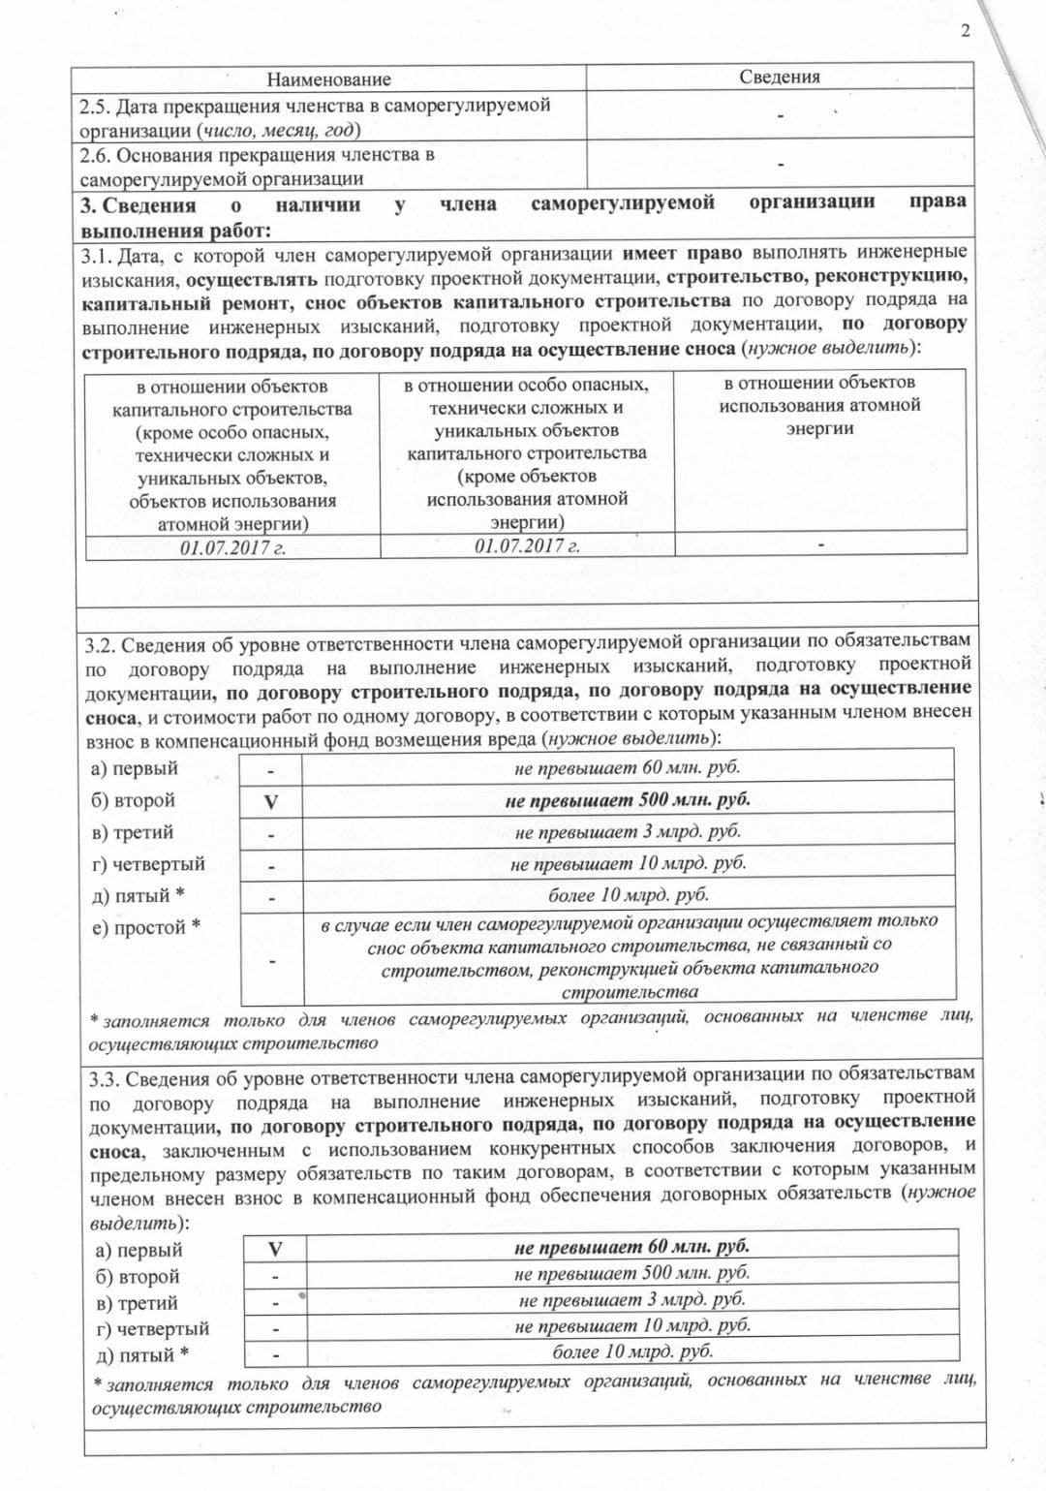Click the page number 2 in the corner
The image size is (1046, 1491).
965,31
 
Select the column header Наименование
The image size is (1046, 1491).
328,79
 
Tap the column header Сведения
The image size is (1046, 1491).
780,78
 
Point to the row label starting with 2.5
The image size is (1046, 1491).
315,117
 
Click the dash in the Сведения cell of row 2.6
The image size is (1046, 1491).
780,165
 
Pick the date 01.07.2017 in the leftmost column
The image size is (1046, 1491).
232,547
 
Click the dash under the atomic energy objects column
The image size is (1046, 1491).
820,545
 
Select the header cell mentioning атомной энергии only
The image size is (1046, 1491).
819,406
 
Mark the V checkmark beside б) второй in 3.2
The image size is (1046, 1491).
271,802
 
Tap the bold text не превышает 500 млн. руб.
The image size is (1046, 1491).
628,800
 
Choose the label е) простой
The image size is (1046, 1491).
146,927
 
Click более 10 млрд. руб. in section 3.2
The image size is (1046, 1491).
628,894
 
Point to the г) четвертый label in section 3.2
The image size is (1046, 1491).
148,863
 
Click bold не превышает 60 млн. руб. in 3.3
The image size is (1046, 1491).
631,1247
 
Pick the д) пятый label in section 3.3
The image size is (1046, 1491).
141,1354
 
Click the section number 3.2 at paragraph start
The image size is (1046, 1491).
101,646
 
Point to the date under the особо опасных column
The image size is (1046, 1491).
527,546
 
